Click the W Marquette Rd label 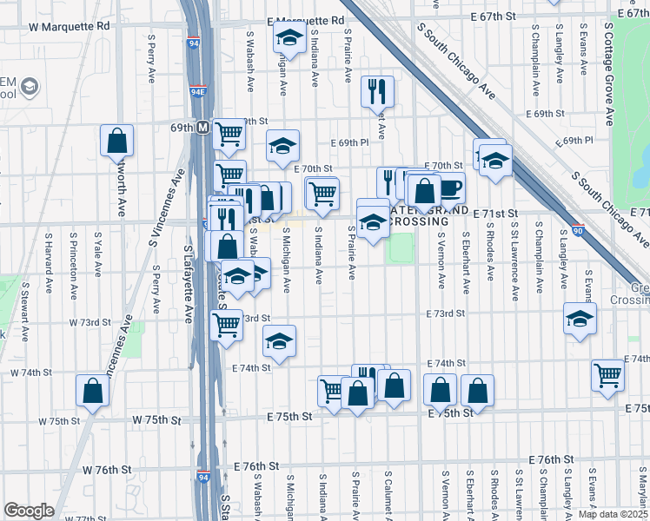click(x=70, y=26)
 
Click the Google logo click(x=29, y=511)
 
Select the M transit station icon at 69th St click(x=202, y=127)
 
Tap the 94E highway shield click(x=199, y=89)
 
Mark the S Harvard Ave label click(x=50, y=260)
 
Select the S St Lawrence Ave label click(x=515, y=260)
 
